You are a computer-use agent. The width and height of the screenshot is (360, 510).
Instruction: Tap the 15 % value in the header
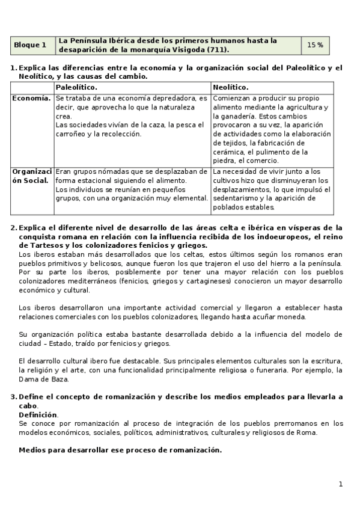tap(315, 45)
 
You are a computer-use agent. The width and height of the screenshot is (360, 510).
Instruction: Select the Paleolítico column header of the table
tap(76, 87)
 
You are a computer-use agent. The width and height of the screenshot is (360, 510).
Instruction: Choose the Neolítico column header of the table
tap(231, 87)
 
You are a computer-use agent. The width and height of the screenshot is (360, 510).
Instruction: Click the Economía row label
tap(31, 97)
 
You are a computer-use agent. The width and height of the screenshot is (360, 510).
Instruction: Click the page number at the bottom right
tap(340, 484)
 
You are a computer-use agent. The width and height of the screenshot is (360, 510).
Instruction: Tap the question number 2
tap(14, 228)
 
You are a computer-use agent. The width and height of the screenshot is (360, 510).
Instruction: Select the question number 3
tap(14, 397)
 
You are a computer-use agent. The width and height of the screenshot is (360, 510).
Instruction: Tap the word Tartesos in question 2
tap(53, 245)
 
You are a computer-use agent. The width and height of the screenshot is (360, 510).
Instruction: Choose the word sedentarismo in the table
tap(236, 198)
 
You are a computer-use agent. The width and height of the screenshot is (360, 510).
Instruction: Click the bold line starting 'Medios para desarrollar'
tap(120, 450)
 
